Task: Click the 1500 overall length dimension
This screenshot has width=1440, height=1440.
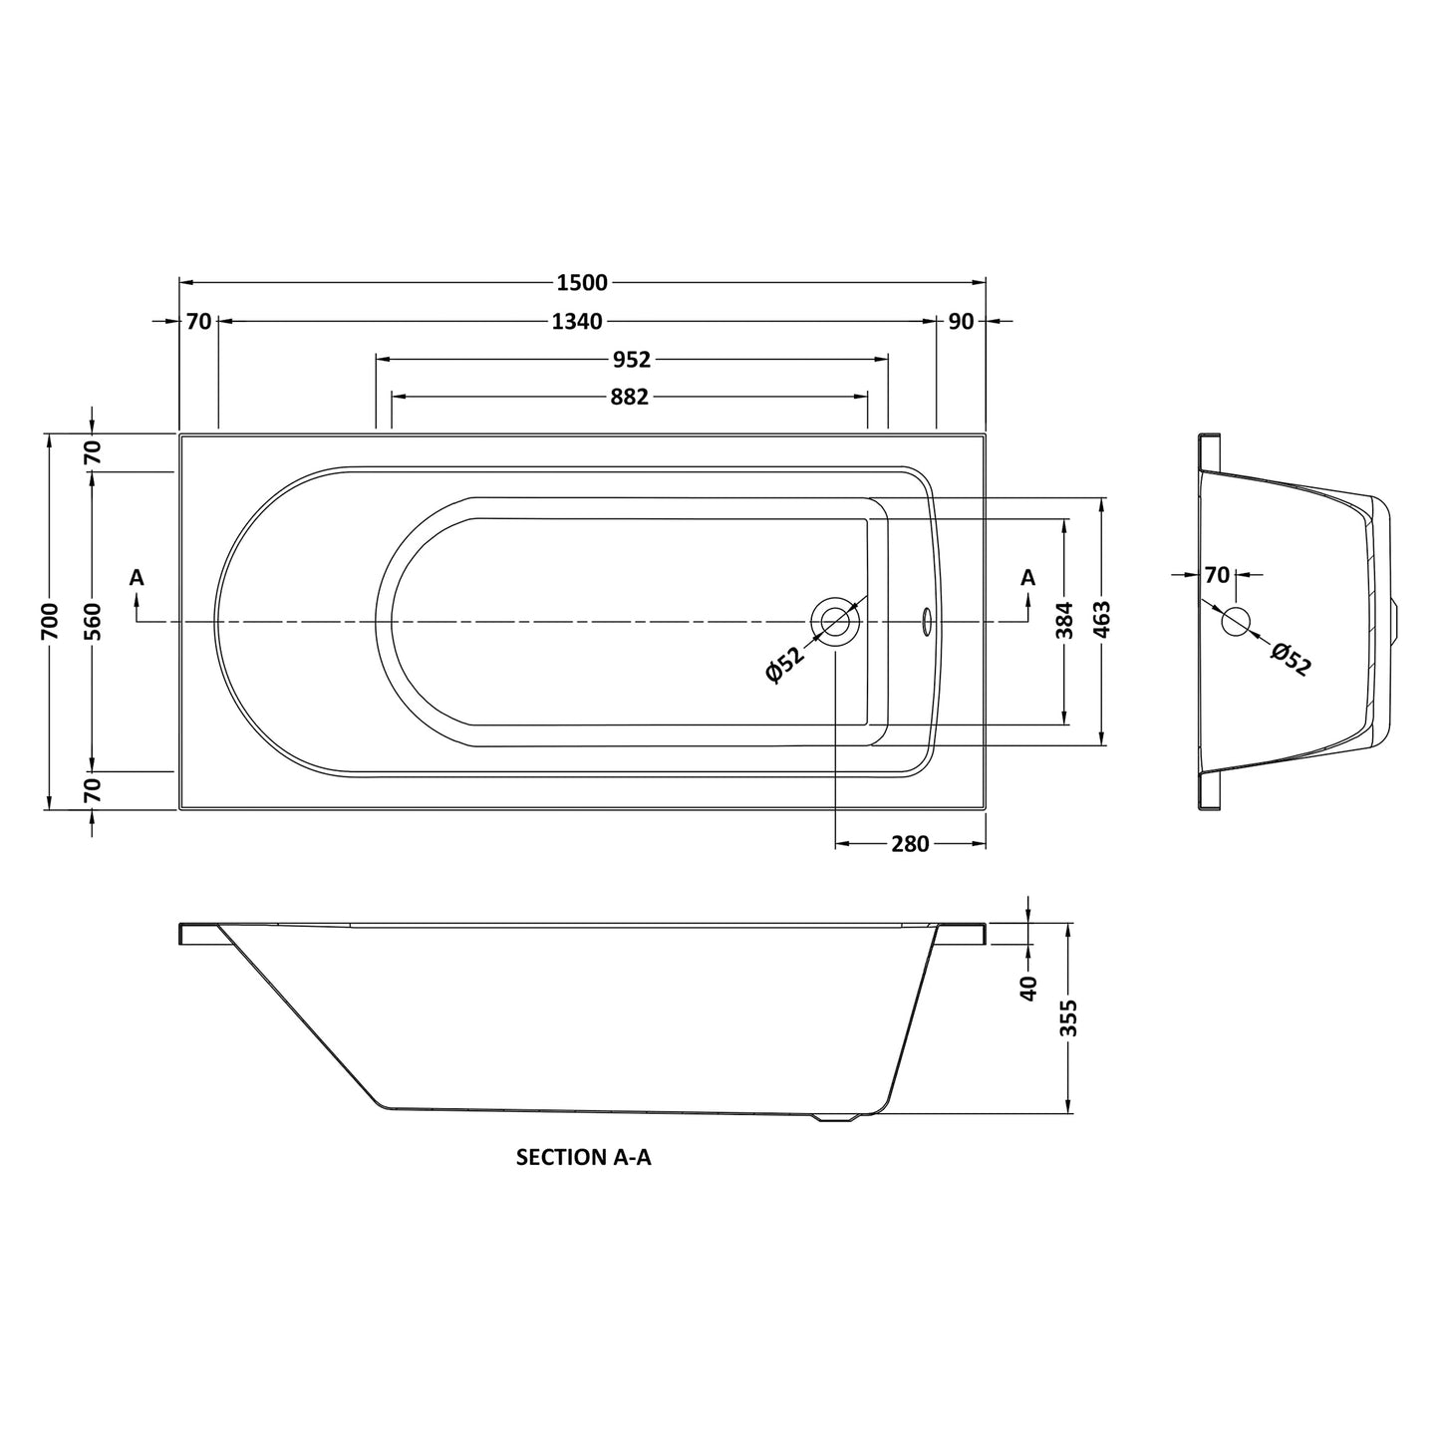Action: point(582,283)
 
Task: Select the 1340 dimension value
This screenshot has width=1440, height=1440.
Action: point(577,322)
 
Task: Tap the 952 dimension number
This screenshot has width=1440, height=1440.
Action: point(631,360)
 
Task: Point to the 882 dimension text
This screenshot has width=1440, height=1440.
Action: point(629,398)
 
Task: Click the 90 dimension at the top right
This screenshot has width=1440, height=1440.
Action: point(961,322)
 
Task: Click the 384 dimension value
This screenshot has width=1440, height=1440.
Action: point(1065,620)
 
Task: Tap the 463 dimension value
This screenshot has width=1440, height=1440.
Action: point(1102,620)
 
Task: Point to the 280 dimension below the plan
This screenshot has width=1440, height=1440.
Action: point(910,845)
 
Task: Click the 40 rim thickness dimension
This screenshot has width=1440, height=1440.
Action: point(1029,988)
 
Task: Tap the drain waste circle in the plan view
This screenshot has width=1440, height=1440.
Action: point(835,621)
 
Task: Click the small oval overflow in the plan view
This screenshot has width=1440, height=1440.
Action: point(926,621)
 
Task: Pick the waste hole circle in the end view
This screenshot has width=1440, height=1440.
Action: point(1236,621)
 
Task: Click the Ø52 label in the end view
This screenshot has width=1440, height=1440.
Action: point(1291,660)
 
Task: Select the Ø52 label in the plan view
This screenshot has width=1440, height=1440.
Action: point(784,665)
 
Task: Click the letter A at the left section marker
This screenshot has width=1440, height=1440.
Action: point(137,578)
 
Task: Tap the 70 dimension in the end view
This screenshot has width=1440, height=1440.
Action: point(1217,575)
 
